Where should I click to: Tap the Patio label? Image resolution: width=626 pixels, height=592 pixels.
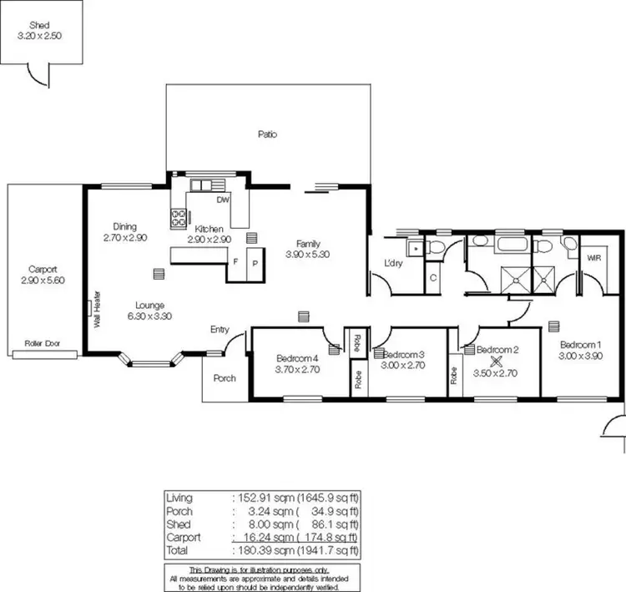point(267,134)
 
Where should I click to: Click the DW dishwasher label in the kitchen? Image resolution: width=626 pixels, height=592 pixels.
point(223,201)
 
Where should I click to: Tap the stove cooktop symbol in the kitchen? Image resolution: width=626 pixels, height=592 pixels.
point(178,218)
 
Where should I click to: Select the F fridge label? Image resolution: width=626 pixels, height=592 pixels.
point(235,261)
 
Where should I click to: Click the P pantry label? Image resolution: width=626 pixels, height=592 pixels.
point(255,261)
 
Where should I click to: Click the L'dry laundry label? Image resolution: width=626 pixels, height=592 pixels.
point(393,264)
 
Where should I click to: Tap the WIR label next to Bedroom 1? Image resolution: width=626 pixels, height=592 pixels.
point(594,259)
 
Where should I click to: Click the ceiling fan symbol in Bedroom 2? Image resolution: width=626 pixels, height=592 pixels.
point(497,362)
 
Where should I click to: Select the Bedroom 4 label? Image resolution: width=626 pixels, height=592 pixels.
point(297,358)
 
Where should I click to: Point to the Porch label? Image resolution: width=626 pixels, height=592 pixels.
point(224,378)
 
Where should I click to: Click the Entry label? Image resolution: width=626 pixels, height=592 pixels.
point(220,330)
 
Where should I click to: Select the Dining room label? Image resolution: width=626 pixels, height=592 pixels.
point(124,226)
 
